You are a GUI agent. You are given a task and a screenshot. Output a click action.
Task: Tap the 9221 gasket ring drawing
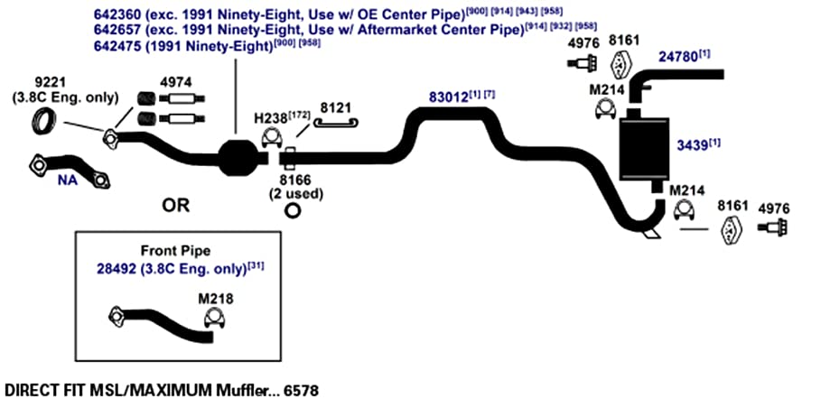pyautogui.click(x=42, y=122)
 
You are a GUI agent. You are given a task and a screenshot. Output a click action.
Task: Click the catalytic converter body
pyautogui.click(x=238, y=157)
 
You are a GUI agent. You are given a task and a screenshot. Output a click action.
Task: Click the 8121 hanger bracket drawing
pyautogui.click(x=336, y=124)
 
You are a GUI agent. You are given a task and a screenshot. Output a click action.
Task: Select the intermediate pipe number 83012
pyautogui.click(x=448, y=97)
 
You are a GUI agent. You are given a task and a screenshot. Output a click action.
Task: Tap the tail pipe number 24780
pyautogui.click(x=678, y=57)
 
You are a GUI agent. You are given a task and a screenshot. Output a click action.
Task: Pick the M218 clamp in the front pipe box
pyautogui.click(x=213, y=318)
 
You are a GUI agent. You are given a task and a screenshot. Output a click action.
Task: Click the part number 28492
pyautogui.click(x=116, y=268)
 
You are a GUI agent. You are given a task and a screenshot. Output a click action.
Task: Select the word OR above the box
pyautogui.click(x=176, y=206)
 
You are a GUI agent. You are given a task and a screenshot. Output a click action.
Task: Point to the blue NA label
pyautogui.click(x=68, y=180)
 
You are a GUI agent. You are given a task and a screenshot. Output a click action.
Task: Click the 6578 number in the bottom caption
pyautogui.click(x=301, y=392)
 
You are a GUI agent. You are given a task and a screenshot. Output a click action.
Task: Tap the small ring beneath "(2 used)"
pyautogui.click(x=293, y=210)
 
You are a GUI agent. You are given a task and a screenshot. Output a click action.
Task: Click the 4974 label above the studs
pyautogui.click(x=176, y=82)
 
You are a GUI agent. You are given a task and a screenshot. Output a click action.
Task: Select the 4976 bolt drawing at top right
pyautogui.click(x=583, y=63)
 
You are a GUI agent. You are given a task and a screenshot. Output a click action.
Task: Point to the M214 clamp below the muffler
pyautogui.click(x=684, y=210)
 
